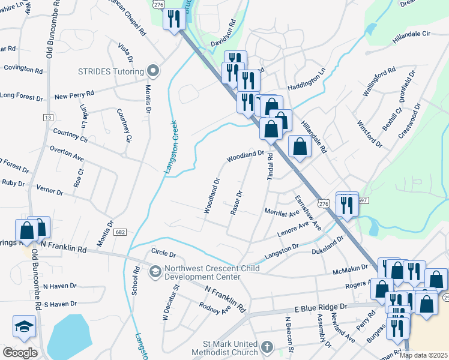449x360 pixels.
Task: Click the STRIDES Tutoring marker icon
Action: [153, 71]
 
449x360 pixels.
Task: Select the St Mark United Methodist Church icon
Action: [268, 348]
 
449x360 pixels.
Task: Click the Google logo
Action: [20, 353]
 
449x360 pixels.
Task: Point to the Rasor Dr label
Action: [236, 203]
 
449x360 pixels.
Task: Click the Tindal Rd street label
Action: [270, 167]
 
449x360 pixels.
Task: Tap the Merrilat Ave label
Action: [282, 213]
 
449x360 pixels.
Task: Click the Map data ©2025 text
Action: [423, 355]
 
